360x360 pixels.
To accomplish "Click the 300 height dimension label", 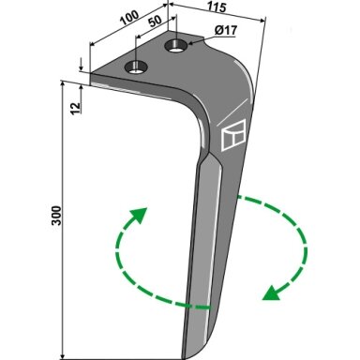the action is click(x=57, y=216).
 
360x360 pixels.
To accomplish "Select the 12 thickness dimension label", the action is click(x=75, y=108).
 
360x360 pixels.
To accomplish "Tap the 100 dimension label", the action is click(x=129, y=18).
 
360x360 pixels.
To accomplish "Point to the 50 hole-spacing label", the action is click(x=155, y=22).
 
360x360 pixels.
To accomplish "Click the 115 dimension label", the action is click(x=217, y=7).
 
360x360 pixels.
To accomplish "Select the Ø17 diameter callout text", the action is click(x=226, y=31).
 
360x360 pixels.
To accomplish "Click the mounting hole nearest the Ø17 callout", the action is click(x=176, y=46).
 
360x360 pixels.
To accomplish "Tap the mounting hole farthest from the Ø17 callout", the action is click(x=136, y=67).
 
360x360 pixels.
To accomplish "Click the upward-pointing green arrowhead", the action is click(x=139, y=215).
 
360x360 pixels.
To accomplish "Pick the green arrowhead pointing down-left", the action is click(x=271, y=293).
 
